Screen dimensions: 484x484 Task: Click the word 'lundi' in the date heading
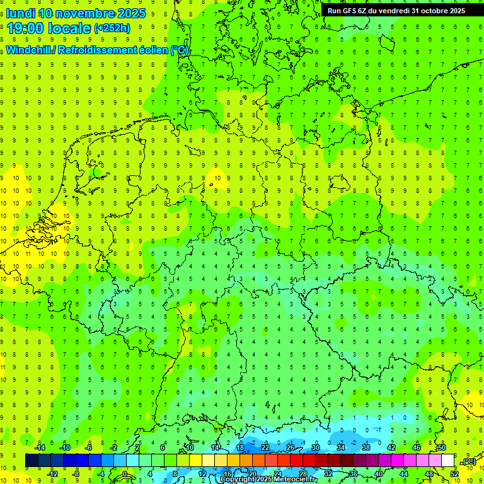click(x=21, y=13)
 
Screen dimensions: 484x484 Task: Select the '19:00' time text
click(x=28, y=28)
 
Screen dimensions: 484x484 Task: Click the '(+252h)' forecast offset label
click(x=112, y=28)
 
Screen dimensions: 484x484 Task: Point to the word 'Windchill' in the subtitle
click(x=29, y=50)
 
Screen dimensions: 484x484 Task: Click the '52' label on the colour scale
click(x=454, y=474)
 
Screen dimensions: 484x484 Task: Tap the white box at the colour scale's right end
click(x=448, y=461)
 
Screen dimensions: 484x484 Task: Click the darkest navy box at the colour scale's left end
click(x=32, y=461)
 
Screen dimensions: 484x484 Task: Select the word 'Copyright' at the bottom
click(x=238, y=480)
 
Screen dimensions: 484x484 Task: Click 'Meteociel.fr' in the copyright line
click(x=296, y=480)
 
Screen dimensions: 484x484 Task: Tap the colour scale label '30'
click(x=315, y=448)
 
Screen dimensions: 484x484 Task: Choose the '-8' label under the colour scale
click(x=77, y=474)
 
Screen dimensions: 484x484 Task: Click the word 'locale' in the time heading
click(x=71, y=28)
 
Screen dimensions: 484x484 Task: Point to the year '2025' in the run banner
click(x=455, y=11)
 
